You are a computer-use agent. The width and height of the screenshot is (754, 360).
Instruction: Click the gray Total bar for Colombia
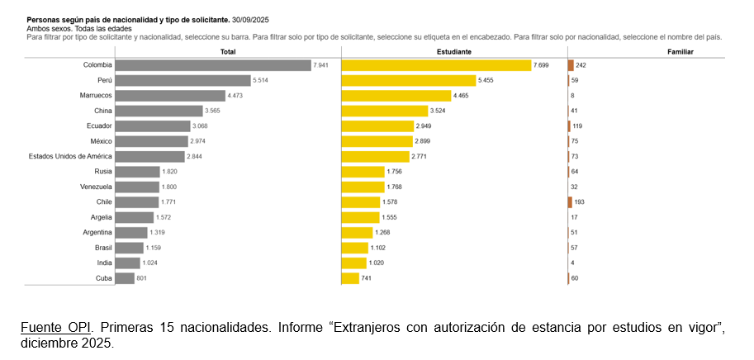coord(214,65)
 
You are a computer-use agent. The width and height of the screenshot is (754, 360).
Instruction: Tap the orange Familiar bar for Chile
coord(571,202)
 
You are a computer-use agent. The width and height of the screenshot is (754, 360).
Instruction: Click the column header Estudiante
coord(454,52)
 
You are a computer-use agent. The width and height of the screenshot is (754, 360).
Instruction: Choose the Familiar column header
coord(680,52)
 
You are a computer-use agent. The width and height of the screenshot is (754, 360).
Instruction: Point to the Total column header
coord(228,52)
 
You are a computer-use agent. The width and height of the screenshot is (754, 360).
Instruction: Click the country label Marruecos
coord(96,96)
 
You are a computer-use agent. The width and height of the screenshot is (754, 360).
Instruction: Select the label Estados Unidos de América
coord(70,156)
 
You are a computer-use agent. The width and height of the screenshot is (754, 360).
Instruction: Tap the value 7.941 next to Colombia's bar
coord(320,65)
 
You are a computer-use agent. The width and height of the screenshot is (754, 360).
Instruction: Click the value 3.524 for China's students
coord(438,111)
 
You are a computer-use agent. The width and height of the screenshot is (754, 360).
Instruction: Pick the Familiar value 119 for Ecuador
coord(577,126)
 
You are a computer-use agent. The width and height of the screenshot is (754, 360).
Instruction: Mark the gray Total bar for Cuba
coord(125,278)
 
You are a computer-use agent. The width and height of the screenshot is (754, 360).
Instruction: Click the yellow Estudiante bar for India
coord(354,263)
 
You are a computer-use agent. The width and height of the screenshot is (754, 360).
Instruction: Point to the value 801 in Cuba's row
coord(141,278)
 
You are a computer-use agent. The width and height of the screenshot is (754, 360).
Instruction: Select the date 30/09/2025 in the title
coord(250,20)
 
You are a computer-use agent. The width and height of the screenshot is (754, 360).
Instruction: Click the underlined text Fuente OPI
coord(56,329)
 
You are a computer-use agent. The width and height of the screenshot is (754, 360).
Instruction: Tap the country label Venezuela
coord(96,187)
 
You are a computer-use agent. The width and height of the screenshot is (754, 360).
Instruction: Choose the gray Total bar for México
coord(152,141)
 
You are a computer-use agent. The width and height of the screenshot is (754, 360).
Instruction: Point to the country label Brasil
coord(103,248)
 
